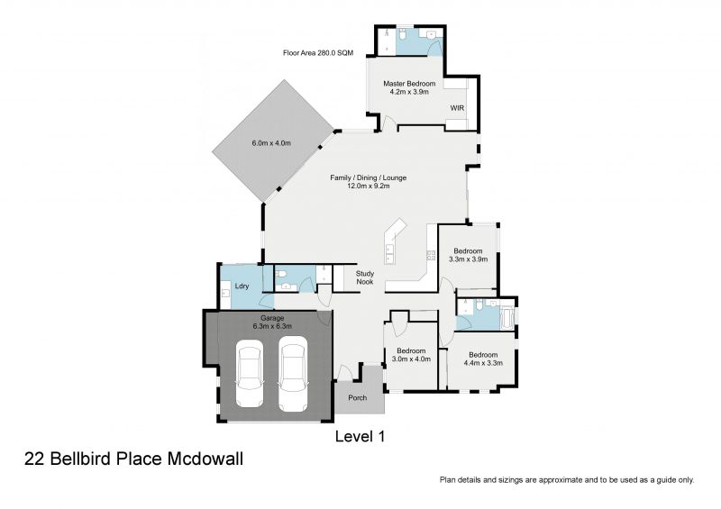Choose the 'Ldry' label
[242, 287]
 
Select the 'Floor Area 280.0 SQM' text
[320, 53]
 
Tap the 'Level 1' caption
[360, 437]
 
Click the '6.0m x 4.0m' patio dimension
[271, 143]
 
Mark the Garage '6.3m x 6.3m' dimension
[273, 327]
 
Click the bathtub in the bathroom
[506, 318]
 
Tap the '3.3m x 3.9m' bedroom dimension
[468, 259]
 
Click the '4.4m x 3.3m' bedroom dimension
[482, 363]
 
